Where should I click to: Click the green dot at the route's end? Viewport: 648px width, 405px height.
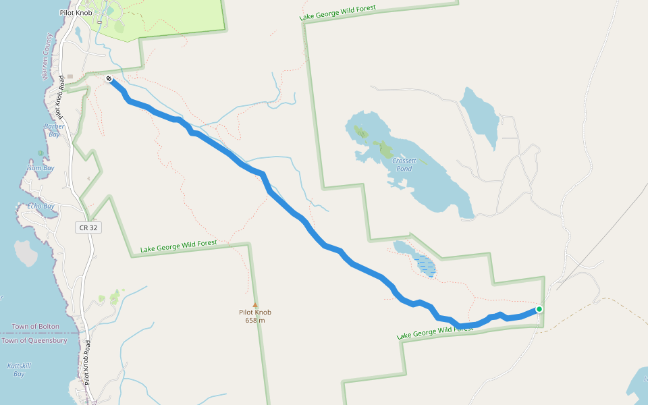coord(539,309)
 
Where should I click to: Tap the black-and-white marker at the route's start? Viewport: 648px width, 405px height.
coord(109,80)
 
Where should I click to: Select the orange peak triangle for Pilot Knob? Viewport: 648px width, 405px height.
coord(255,304)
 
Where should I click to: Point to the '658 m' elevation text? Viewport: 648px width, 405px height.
coord(255,320)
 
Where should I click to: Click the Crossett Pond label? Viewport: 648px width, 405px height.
coord(406,164)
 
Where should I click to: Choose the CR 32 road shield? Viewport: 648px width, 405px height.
coord(88,228)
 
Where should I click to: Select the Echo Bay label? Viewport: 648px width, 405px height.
coord(41,206)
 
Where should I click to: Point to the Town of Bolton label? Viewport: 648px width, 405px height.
coord(34,327)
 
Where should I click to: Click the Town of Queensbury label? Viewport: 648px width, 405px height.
coord(34,341)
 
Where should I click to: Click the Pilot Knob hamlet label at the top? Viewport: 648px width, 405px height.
coord(75,13)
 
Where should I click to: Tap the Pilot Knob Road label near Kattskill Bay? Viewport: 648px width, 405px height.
coord(88,364)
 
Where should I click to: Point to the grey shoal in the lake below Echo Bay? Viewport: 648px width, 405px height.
coord(26,252)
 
